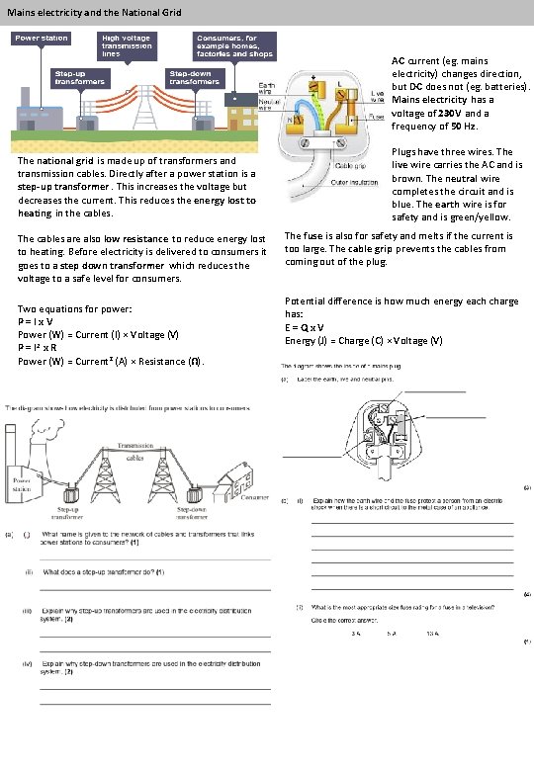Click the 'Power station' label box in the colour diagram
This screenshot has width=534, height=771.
[41, 39]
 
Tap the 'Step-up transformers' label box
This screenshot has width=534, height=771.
[81, 77]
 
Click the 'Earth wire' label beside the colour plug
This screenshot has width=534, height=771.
[266, 90]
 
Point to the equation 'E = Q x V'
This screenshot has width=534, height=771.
[307, 326]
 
